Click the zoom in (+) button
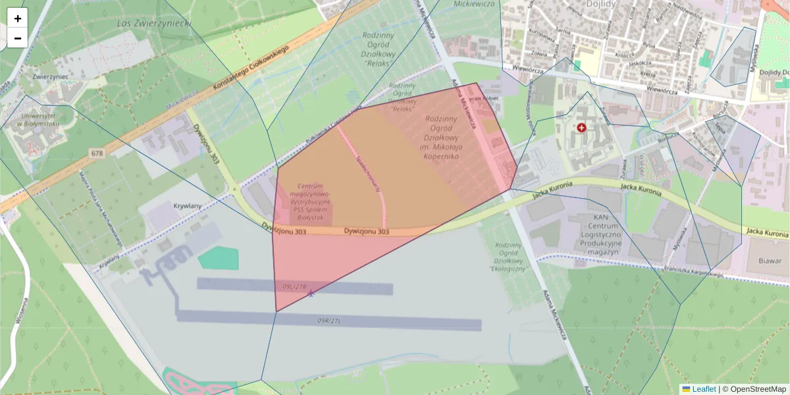[x=18, y=18]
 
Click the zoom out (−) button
[x=18, y=38]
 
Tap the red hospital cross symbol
[x=581, y=127]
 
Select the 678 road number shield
[x=97, y=153]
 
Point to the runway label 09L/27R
[x=296, y=286]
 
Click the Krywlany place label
[x=186, y=205]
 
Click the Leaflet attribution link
[x=703, y=389]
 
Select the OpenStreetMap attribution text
[x=758, y=389]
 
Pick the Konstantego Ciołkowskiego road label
[x=251, y=69]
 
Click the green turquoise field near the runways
[x=219, y=258]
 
